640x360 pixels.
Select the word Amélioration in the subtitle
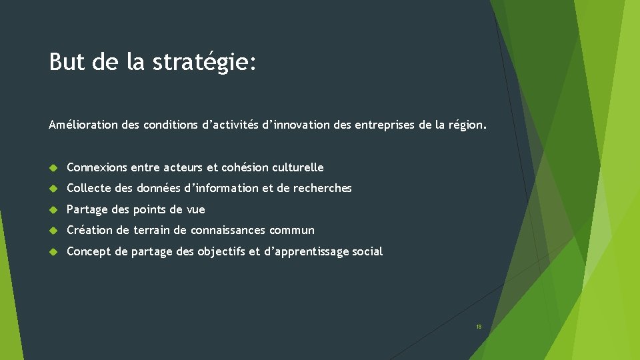(84, 125)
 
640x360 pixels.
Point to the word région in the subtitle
(467, 125)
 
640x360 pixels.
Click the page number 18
(478, 327)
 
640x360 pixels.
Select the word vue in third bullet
(196, 210)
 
